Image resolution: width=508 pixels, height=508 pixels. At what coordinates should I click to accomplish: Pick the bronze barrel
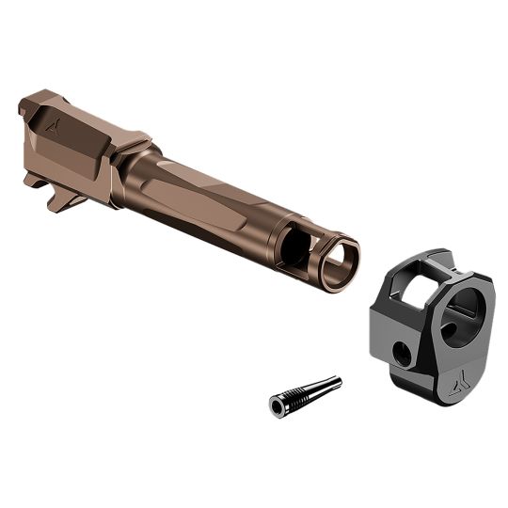pyautogui.click(x=188, y=183)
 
